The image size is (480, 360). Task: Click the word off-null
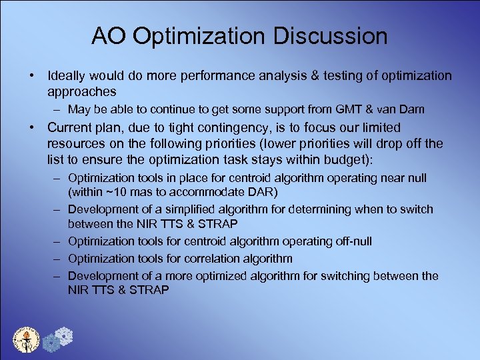tap(349, 241)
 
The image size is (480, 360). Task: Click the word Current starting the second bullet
tap(71, 127)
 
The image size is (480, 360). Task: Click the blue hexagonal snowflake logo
tap(60, 337)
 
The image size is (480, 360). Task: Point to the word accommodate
tap(208, 192)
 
